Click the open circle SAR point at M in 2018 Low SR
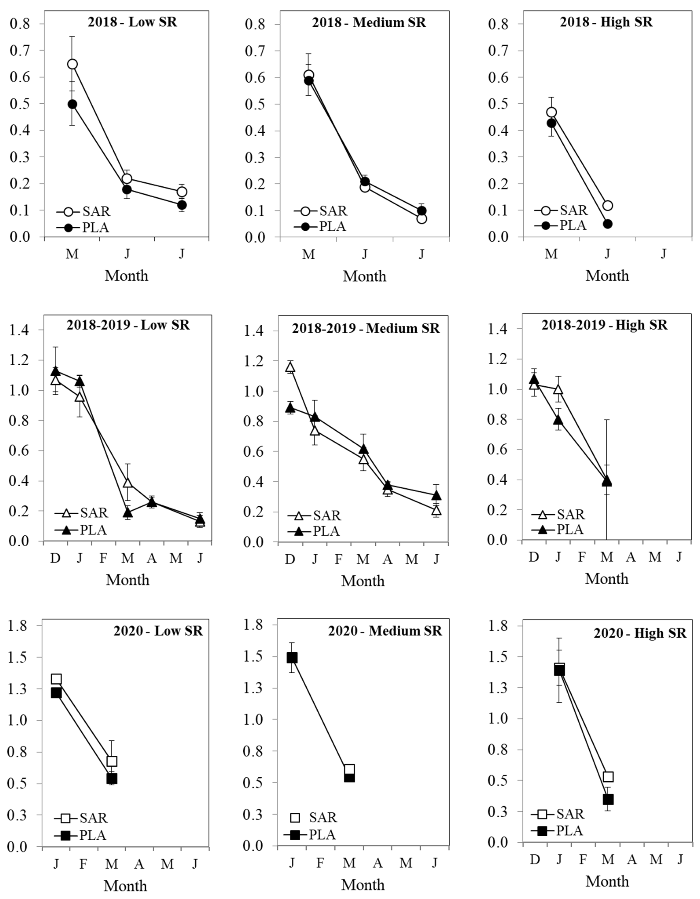pos(72,64)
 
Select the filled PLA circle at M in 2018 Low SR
pos(72,104)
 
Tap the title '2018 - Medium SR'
pos(369,22)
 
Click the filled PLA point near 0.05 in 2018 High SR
pos(607,224)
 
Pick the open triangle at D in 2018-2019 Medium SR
pos(290,367)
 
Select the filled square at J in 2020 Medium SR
pos(292,658)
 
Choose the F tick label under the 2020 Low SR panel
pos(83,863)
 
